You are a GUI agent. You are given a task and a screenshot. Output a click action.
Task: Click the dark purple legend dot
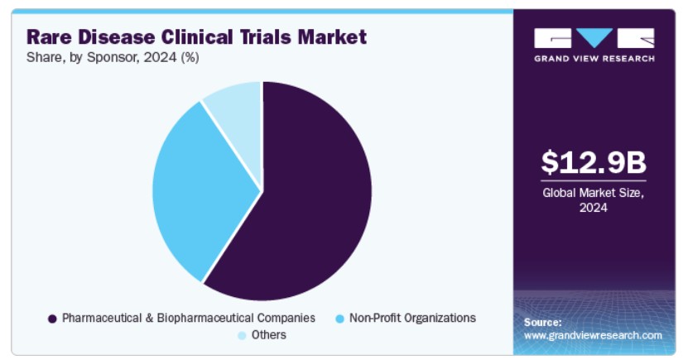pos(52,319)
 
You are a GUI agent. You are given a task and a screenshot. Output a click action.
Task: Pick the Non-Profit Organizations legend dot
pos(339,319)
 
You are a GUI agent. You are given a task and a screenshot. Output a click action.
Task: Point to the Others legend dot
pos(242,336)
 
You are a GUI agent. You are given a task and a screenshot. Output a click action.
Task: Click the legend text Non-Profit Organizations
pos(412,318)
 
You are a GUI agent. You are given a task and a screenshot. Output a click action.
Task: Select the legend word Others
pos(268,335)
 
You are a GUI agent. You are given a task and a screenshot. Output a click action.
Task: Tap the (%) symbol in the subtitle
pos(190,57)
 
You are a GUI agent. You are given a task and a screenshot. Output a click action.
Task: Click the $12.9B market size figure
pos(594,162)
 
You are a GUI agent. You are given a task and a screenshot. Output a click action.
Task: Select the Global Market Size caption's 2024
pos(594,208)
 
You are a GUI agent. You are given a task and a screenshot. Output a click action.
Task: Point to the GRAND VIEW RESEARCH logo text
pos(594,59)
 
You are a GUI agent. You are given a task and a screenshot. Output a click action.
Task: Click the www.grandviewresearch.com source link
pos(593,335)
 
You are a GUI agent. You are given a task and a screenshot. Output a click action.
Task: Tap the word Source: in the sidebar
pos(543,322)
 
